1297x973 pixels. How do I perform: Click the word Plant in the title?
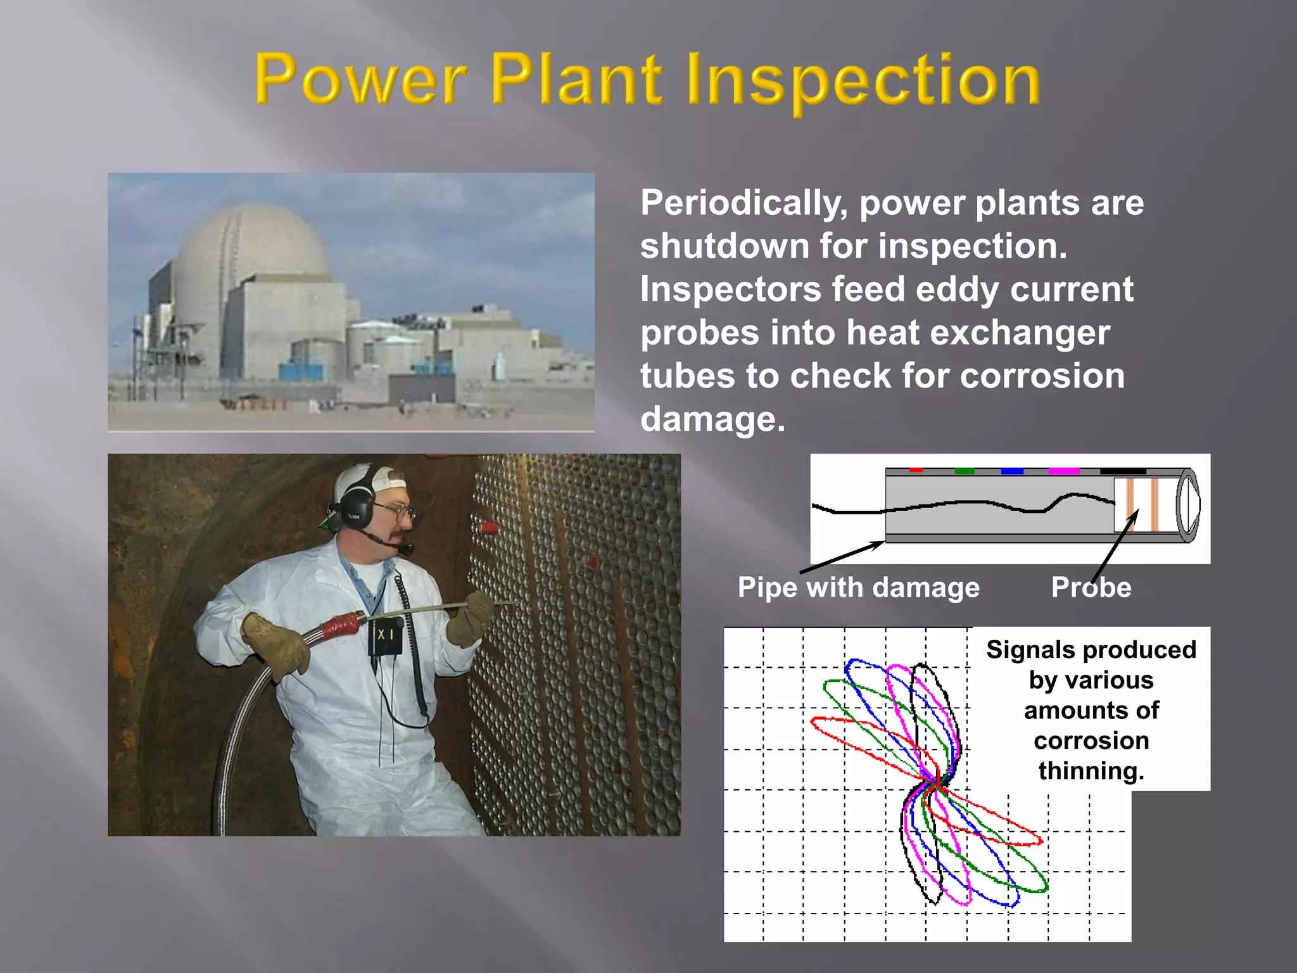tap(576, 80)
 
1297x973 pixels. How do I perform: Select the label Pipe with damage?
tap(858, 588)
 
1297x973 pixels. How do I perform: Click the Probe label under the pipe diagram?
tap(1091, 588)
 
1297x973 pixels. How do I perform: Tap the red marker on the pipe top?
tap(916, 470)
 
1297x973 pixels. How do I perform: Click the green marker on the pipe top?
tap(964, 471)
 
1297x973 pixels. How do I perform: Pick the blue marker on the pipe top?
tap(1012, 471)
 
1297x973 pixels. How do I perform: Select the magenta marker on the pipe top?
tap(1064, 471)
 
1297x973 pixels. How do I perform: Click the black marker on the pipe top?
tap(1122, 471)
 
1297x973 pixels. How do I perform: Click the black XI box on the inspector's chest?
tap(386, 635)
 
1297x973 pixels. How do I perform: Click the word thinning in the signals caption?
tap(1091, 771)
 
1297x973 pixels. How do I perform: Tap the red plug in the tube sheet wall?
tap(488, 528)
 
